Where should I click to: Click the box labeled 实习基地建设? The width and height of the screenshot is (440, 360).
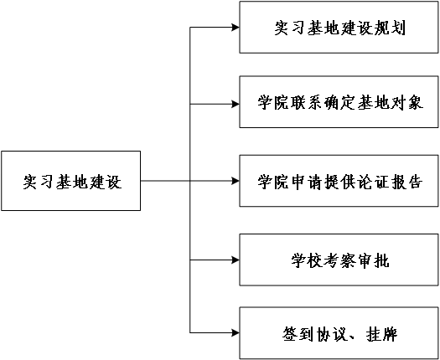tap(71, 181)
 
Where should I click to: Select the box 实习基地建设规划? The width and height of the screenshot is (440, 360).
tap(339, 27)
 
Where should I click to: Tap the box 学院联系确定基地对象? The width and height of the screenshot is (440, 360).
tap(339, 102)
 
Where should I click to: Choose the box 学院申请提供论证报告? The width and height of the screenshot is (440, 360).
tap(339, 181)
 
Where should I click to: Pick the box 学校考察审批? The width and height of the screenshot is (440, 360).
tap(339, 260)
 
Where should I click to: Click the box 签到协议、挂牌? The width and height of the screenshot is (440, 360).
tap(339, 333)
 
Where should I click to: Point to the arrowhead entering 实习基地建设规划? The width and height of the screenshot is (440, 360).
tap(236, 27)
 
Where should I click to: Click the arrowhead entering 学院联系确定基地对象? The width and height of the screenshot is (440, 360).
tap(236, 104)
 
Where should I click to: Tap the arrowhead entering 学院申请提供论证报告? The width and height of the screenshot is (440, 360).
tap(236, 181)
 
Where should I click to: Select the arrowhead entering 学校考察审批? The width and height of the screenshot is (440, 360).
tap(236, 260)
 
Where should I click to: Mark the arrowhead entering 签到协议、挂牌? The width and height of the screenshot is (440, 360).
tap(236, 333)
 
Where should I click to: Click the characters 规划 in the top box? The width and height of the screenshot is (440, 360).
tap(390, 28)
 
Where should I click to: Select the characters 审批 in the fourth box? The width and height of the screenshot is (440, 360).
tap(374, 260)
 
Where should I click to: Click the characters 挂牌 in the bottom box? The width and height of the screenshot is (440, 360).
tap(381, 334)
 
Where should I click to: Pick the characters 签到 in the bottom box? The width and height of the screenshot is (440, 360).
tap(298, 334)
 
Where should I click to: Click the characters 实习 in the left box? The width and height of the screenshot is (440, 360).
tap(39, 182)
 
